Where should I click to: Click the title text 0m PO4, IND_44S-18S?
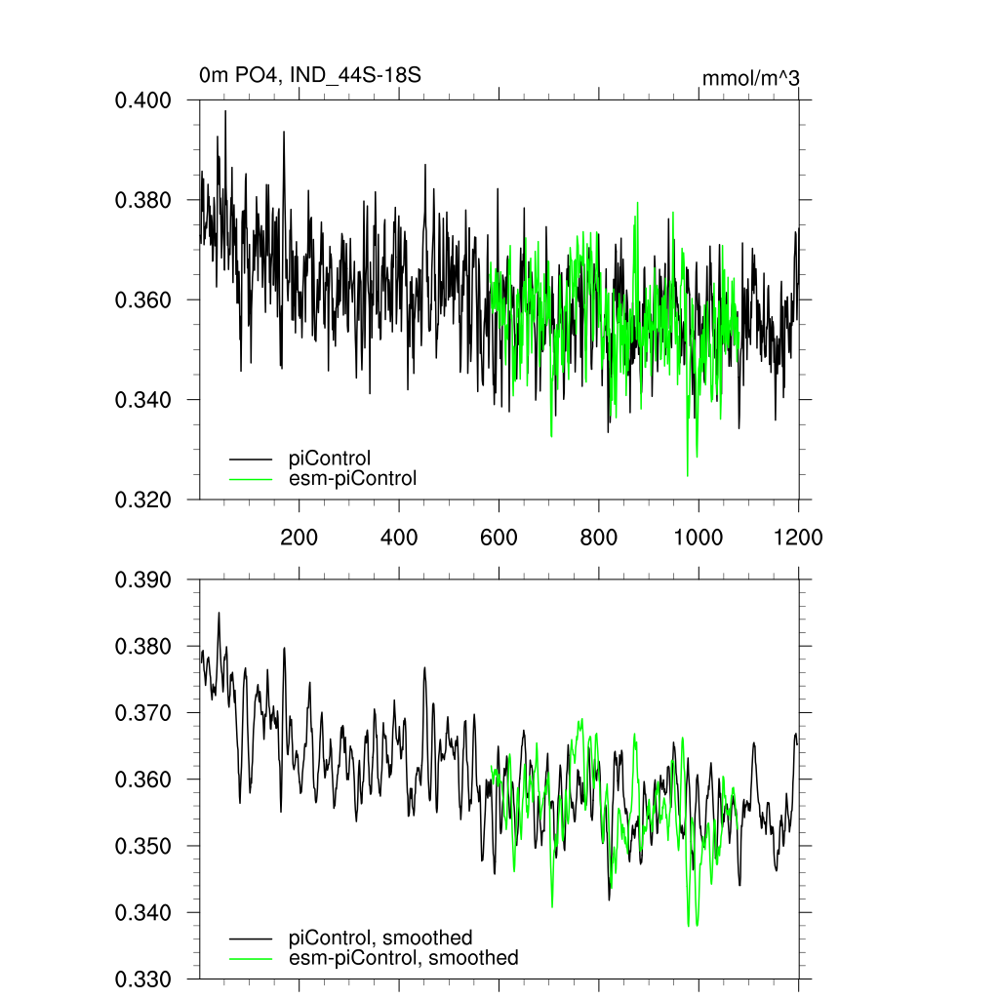(309, 75)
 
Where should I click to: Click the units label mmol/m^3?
(750, 78)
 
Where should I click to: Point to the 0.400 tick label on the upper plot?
(143, 100)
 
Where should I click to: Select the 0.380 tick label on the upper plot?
(143, 201)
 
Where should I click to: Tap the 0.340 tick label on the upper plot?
(143, 400)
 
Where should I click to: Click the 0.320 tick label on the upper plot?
(143, 499)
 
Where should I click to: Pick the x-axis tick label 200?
(299, 537)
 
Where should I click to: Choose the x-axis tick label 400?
(399, 537)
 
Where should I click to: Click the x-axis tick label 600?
(499, 537)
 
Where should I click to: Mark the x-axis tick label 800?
(599, 537)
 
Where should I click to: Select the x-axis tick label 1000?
(699, 537)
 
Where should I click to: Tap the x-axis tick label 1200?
(798, 537)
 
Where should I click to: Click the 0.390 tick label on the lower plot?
(143, 580)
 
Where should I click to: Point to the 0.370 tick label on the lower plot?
(143, 713)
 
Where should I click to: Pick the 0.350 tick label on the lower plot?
(143, 847)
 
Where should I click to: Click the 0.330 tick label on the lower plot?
(143, 979)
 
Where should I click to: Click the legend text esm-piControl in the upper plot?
(352, 478)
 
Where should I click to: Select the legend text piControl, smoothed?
(380, 939)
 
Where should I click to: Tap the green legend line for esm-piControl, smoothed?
(251, 959)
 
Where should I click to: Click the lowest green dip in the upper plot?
(688, 475)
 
